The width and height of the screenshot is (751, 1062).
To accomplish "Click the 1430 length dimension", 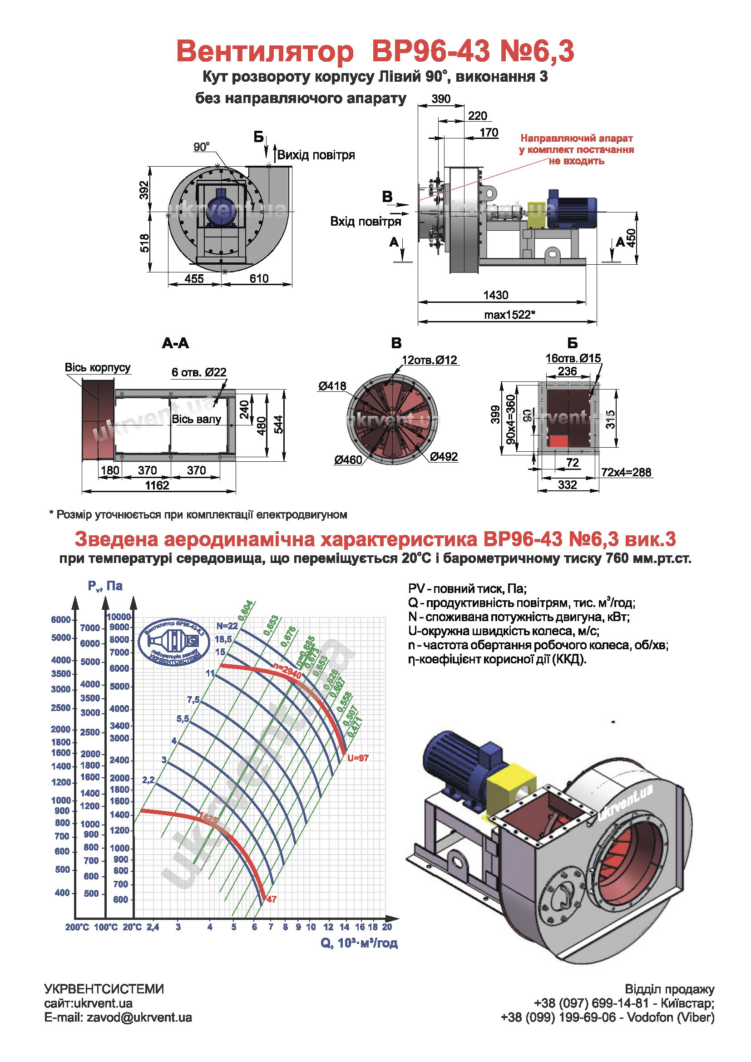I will (495, 295).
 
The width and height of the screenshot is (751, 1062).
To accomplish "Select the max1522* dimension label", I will (509, 315).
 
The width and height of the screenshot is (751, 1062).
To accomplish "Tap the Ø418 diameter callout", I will (331, 386).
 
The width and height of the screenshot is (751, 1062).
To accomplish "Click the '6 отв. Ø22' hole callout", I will (199, 372).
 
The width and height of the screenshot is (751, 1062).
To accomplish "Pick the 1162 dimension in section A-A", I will (157, 485).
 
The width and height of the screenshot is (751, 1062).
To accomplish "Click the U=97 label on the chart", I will (358, 758).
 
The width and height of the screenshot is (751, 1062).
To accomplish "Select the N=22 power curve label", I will (227, 626).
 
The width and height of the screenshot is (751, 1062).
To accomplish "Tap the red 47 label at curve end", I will (272, 899).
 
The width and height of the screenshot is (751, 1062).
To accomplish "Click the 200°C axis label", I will (77, 927).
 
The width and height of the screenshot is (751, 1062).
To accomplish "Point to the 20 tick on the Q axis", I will (387, 927).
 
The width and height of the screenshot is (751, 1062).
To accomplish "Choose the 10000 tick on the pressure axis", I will (119, 617).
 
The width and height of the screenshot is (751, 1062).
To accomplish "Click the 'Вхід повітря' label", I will (366, 222).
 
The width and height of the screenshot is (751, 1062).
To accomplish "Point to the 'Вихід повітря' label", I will (316, 155).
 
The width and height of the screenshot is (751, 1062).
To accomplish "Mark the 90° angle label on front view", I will (201, 147).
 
